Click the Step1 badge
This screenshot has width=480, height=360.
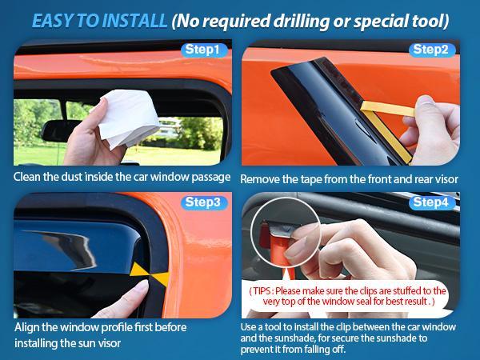click(203, 50)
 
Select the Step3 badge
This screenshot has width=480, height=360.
click(203, 202)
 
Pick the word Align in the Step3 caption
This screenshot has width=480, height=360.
click(29, 329)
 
